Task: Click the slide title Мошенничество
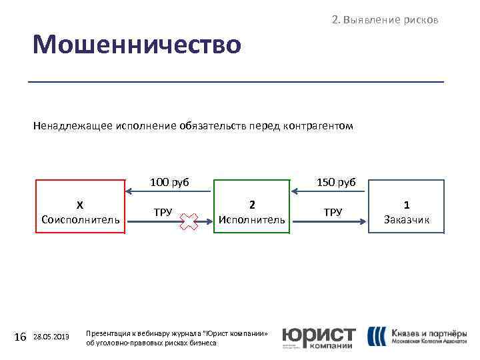click(137, 45)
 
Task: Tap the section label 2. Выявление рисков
click(385, 20)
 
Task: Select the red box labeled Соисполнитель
click(80, 207)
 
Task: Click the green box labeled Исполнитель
click(251, 207)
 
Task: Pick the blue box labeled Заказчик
click(407, 207)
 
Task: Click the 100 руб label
click(169, 182)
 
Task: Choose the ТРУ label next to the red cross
click(163, 213)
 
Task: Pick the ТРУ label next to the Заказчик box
click(333, 213)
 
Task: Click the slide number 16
click(20, 337)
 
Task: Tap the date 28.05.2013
click(51, 337)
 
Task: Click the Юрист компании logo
click(319, 338)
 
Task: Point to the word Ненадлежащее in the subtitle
click(73, 125)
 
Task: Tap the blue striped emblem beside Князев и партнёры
click(377, 337)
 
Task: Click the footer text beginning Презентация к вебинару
click(177, 337)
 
